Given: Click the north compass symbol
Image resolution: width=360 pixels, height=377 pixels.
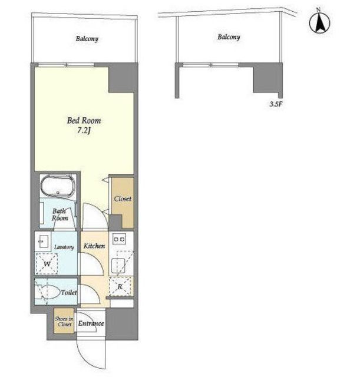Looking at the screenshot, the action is [319, 22].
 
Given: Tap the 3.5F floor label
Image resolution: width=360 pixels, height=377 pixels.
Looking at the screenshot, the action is [276, 104].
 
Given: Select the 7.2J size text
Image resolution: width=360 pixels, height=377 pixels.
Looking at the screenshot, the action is [84, 131].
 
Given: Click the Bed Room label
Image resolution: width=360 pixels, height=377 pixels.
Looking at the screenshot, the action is [84, 120].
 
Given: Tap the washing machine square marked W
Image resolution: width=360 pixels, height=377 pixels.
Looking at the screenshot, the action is [47, 264].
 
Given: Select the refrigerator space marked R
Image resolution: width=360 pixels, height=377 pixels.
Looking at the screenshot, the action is [120, 286].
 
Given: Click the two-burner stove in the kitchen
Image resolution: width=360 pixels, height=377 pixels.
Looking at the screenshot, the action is [119, 239].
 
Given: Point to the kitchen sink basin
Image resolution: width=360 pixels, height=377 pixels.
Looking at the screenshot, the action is [118, 266].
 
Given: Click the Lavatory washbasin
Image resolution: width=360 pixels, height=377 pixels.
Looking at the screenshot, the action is [43, 241].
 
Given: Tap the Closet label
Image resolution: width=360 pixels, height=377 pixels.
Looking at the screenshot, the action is [123, 199].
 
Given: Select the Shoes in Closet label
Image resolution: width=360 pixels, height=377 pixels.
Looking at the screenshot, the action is [64, 322].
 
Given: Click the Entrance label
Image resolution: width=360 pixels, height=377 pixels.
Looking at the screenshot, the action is [91, 323].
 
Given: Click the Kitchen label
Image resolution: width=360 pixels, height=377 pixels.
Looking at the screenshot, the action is [94, 246].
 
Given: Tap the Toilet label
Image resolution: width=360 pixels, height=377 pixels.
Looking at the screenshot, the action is [70, 293].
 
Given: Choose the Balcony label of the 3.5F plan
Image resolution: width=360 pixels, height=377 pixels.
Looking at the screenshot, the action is [229, 37].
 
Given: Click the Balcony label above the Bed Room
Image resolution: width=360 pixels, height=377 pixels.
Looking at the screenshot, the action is [87, 39].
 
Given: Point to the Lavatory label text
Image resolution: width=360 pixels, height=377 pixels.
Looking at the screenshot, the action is [64, 247].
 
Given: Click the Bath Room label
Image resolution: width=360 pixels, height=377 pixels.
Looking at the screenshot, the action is [60, 214].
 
